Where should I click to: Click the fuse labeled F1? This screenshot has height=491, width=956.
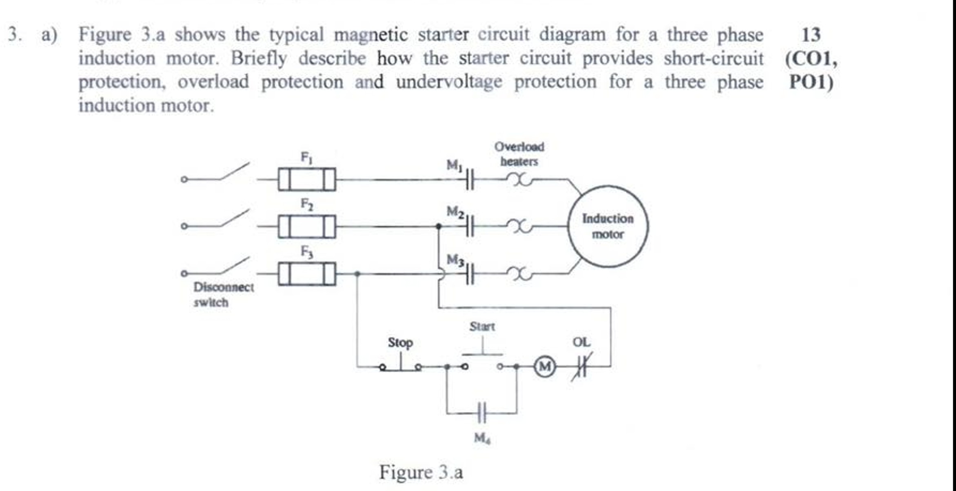tap(307, 179)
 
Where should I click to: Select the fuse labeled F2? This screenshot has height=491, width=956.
tap(307, 226)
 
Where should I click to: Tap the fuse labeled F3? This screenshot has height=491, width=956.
tap(307, 273)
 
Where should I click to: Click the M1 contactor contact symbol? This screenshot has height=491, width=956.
tap(469, 179)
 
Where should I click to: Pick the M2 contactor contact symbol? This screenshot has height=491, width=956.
tap(469, 226)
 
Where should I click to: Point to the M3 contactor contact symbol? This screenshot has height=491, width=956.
tap(469, 273)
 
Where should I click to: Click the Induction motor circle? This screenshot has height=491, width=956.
tap(608, 227)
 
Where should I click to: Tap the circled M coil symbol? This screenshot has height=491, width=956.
tap(545, 367)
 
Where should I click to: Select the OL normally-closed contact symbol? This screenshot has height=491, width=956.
tap(581, 367)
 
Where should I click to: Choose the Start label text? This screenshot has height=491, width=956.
tap(482, 327)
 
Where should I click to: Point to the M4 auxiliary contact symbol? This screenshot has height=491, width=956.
tap(482, 413)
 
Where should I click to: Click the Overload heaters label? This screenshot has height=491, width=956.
tap(519, 154)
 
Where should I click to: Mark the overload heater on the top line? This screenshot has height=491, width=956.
tap(518, 179)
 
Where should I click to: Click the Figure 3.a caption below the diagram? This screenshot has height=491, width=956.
tap(421, 472)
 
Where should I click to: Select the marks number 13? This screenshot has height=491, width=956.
tap(811, 35)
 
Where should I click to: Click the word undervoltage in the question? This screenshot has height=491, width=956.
tap(449, 82)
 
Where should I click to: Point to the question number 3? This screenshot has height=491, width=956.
tap(15, 34)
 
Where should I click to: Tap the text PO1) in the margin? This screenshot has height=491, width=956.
tap(811, 82)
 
